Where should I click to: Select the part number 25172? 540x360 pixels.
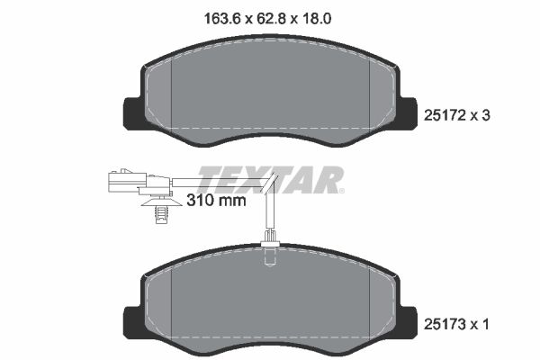pos(445,115)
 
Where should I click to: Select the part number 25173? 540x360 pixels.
pos(445,321)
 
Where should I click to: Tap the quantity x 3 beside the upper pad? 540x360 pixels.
pos(487,115)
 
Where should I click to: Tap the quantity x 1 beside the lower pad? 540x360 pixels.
pos(487,321)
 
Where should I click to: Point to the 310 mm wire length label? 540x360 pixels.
pos(216,201)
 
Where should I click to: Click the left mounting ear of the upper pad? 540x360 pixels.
pos(132,112)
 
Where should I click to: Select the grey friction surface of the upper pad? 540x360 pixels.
pos(270,90)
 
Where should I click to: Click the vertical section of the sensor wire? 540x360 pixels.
pos(269,211)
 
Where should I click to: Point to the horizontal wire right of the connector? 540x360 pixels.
pos(216,185)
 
